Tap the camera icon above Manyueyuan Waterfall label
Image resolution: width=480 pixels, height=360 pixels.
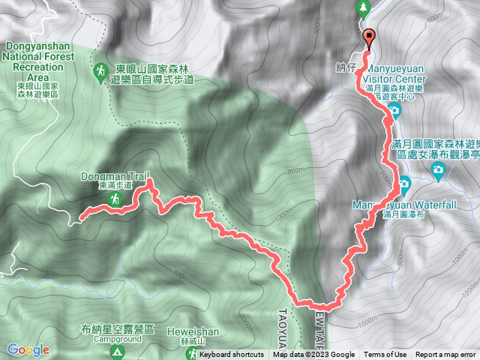pos(405,182)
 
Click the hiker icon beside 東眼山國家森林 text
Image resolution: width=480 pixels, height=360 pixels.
pos(100,70)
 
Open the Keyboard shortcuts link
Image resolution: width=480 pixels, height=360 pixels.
pos(231,355)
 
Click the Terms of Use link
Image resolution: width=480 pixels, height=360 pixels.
pos(385,355)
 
